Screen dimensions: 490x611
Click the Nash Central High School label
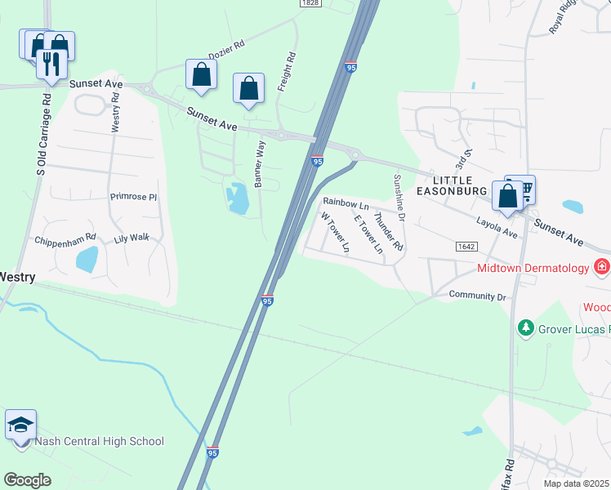point(99,442)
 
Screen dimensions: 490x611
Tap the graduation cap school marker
point(21,425)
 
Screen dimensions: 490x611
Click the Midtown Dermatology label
point(533,268)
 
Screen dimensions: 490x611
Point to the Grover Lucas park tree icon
point(526,329)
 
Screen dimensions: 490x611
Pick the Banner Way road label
point(260,163)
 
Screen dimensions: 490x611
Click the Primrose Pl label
point(133,197)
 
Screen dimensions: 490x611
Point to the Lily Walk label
point(132,238)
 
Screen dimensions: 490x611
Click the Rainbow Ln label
point(346,201)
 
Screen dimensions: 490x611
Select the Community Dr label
point(478,296)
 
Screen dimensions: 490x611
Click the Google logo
point(27,479)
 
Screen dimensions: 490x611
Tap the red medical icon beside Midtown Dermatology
point(602,266)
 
